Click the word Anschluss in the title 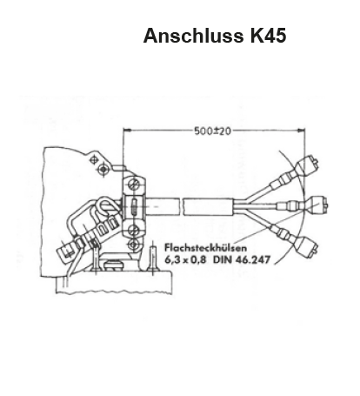pyautogui.click(x=193, y=36)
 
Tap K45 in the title pyautogui.click(x=269, y=36)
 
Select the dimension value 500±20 pyautogui.click(x=213, y=131)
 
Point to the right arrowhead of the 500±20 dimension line pyautogui.click(x=302, y=131)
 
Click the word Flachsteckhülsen pyautogui.click(x=206, y=248)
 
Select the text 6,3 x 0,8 pyautogui.click(x=185, y=259)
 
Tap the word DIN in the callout pyautogui.click(x=223, y=259)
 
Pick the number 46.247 pyautogui.click(x=253, y=259)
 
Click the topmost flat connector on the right pyautogui.click(x=306, y=165)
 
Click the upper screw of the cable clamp pyautogui.click(x=133, y=185)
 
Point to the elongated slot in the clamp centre pyautogui.click(x=134, y=206)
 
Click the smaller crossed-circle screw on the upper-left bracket pyautogui.click(x=94, y=159)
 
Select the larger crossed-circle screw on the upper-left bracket pyautogui.click(x=102, y=169)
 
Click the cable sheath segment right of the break pyautogui.click(x=208, y=206)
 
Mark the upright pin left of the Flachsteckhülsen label pyautogui.click(x=153, y=260)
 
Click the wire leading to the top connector pyautogui.click(x=258, y=191)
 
